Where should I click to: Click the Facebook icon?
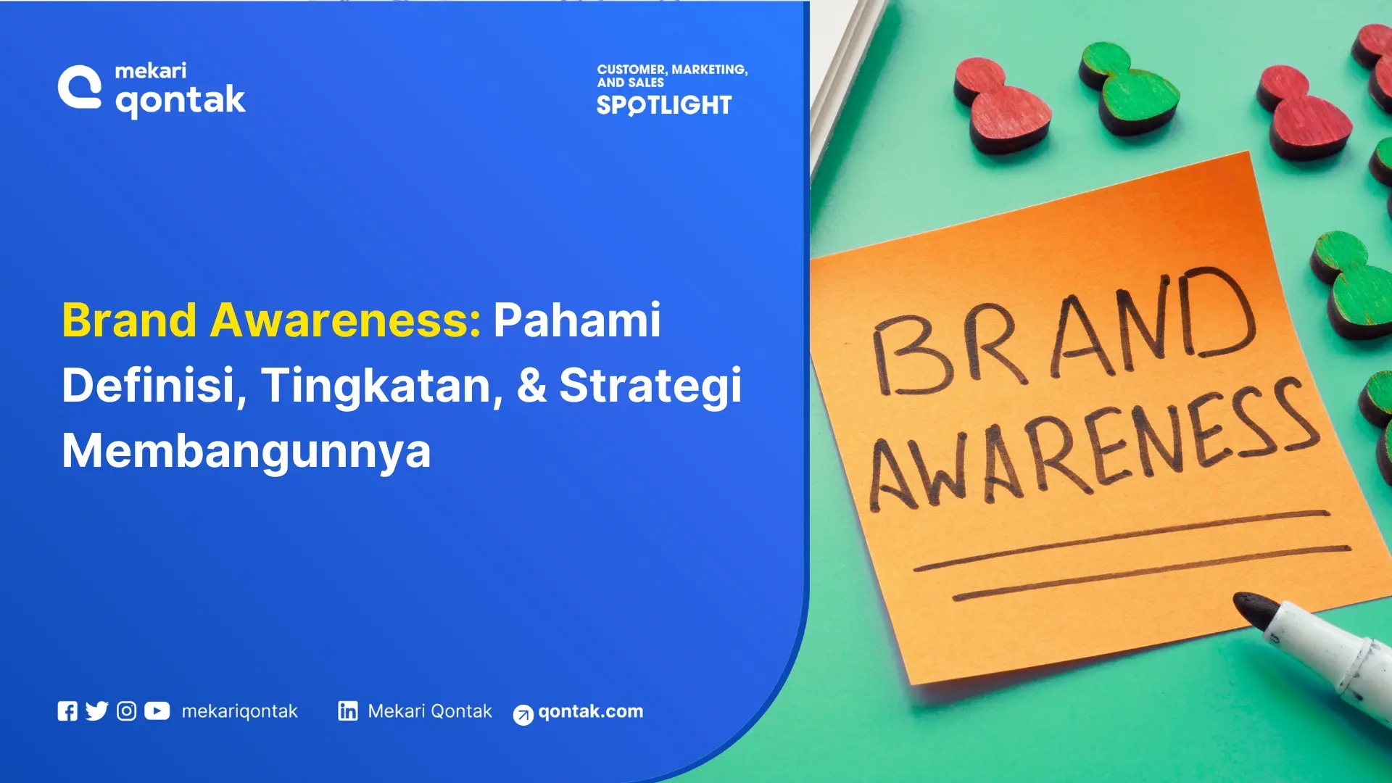(67, 711)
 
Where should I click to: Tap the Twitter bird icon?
(96, 711)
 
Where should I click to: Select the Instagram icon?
(126, 711)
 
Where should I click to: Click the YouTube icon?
(157, 711)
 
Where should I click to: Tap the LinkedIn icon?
(348, 711)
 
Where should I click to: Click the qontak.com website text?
(590, 711)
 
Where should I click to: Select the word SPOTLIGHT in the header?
(664, 106)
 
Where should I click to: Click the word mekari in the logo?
(151, 71)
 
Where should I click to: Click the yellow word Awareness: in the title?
(345, 320)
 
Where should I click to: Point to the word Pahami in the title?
(577, 320)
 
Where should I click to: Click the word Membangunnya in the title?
(246, 450)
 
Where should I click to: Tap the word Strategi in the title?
(650, 385)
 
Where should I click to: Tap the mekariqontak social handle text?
(239, 711)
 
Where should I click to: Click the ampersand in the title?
(531, 385)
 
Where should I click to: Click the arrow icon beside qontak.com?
(523, 715)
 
